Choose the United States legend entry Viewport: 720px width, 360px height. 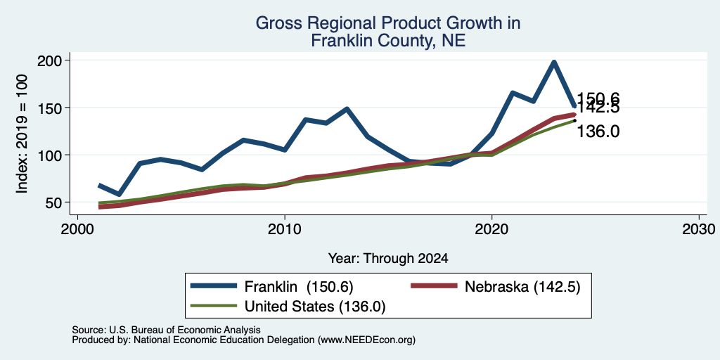(x=288, y=307)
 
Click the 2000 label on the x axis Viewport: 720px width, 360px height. (x=77, y=229)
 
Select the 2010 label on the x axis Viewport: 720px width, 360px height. (x=285, y=229)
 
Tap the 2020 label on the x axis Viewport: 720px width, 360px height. (x=491, y=229)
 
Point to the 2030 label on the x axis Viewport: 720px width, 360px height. (x=699, y=229)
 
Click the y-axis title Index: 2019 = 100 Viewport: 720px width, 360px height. (x=22, y=134)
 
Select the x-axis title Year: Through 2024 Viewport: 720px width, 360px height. (x=388, y=259)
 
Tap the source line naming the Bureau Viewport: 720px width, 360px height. (x=166, y=330)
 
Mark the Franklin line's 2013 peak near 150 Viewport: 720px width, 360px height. (x=347, y=109)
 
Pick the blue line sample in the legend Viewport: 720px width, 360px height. (x=214, y=286)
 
